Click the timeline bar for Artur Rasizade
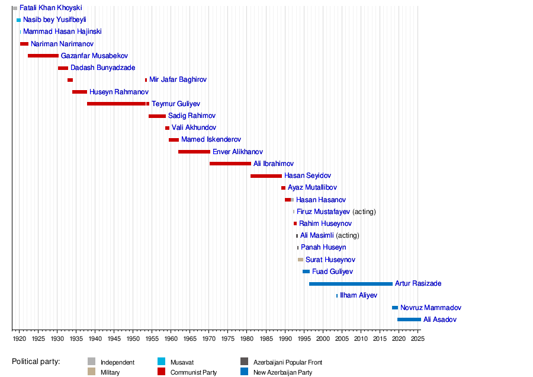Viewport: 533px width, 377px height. [351, 284]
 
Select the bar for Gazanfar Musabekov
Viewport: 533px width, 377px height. [43, 56]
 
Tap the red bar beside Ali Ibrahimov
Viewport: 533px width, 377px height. [230, 164]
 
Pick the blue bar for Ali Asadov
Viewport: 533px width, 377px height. [409, 320]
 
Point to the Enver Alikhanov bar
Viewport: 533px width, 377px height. [194, 152]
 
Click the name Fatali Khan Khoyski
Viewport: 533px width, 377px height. [50, 8]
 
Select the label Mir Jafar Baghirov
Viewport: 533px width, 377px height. [178, 79]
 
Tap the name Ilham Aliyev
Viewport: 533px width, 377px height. [358, 295]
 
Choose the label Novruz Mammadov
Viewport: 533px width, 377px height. [431, 308]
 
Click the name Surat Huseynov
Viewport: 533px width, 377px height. [330, 260]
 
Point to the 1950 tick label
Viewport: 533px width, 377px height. [133, 339]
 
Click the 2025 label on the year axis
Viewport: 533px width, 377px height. [418, 339]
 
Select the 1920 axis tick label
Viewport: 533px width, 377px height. [19, 339]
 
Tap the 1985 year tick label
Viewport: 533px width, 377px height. [266, 339]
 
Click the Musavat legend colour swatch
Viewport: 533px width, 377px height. [161, 362]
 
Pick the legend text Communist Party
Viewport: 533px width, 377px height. [194, 372]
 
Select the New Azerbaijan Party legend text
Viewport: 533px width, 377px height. [282, 372]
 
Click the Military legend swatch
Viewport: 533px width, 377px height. [91, 372]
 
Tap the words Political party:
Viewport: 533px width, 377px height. [36, 362]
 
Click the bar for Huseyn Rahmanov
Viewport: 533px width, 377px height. [79, 92]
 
